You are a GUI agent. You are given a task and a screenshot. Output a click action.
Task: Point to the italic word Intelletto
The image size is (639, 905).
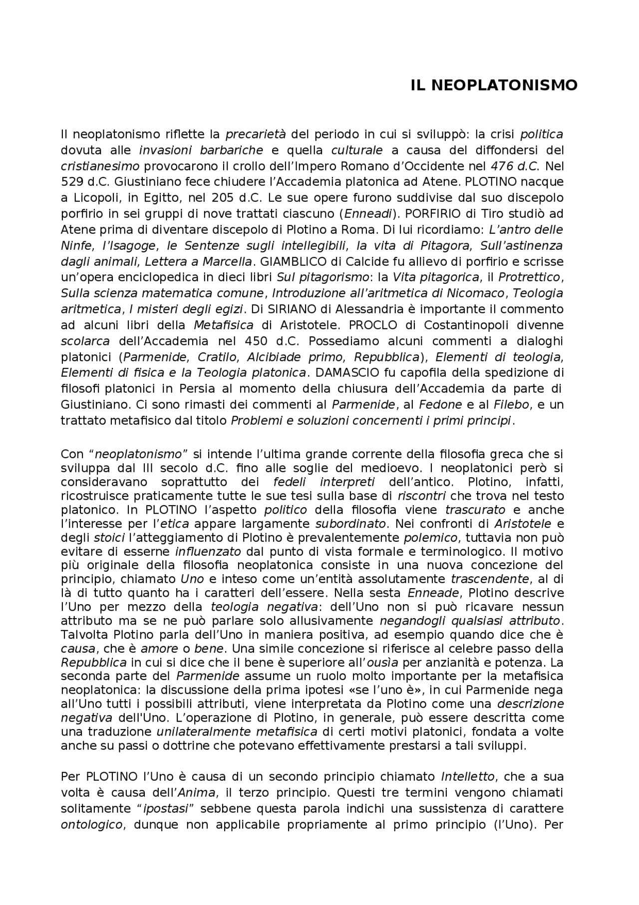[468, 777]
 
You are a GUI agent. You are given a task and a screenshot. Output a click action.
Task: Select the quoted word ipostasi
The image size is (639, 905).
[166, 809]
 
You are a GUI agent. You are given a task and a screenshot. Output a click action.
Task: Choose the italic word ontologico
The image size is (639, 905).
[91, 825]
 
